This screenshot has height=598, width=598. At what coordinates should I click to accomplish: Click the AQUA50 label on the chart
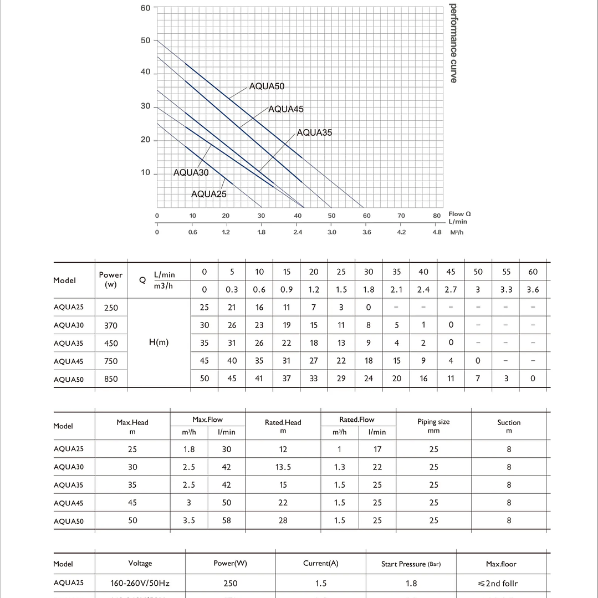[x=267, y=86]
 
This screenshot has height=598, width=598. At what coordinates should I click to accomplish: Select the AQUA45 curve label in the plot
[x=286, y=109]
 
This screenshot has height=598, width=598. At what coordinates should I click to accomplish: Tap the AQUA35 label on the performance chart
[x=314, y=132]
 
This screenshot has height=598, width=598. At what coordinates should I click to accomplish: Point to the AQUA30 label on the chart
[x=191, y=172]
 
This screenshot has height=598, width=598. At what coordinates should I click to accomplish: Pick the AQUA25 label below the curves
[x=208, y=194]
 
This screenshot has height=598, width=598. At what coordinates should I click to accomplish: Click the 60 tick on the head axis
[x=145, y=8]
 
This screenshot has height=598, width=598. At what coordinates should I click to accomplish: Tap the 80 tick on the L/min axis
[x=437, y=216]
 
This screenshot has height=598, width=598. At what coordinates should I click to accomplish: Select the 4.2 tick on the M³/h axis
[x=401, y=232]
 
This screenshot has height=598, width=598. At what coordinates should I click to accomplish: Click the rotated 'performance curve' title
[x=454, y=43]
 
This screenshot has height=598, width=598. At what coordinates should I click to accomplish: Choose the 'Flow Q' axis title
[x=460, y=214]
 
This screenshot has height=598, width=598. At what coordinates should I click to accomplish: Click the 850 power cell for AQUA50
[x=111, y=379]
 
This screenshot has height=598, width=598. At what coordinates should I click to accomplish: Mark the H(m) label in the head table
[x=159, y=343]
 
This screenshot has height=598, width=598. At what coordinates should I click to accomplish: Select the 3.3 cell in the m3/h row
[x=505, y=289]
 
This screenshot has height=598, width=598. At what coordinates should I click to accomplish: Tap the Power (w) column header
[x=111, y=279]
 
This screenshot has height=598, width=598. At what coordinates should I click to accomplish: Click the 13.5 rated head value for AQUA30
[x=283, y=467]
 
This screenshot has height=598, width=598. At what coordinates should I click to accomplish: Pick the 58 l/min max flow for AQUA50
[x=226, y=520]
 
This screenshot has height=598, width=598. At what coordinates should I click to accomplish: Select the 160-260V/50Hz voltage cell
[x=140, y=583]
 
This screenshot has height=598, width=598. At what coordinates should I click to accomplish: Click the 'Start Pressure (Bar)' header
[x=411, y=564]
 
